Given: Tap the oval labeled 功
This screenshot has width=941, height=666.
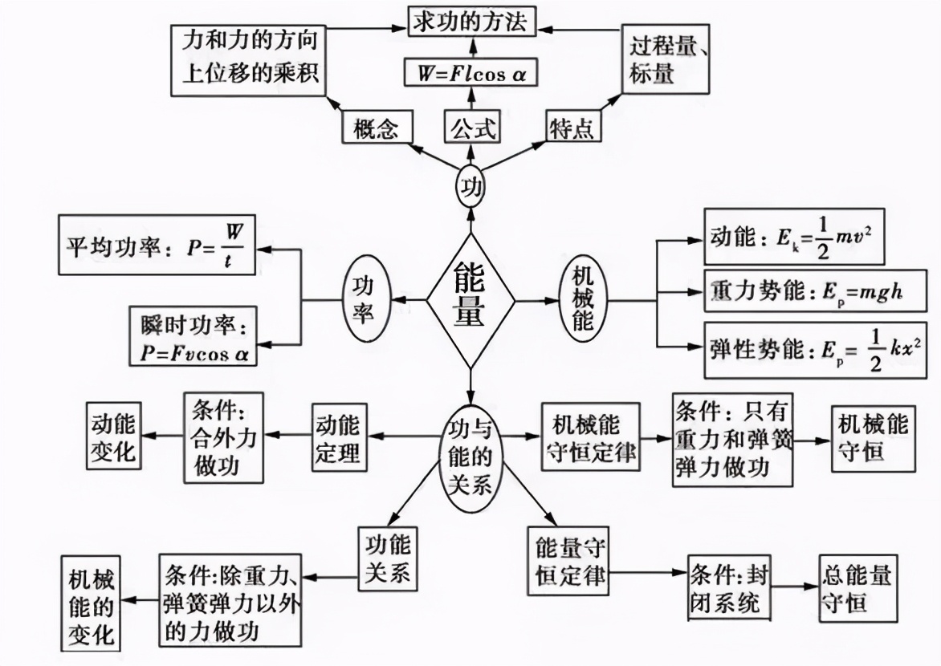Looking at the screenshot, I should pos(470,186).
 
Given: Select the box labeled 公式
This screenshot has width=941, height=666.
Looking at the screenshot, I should pos(472,128).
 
